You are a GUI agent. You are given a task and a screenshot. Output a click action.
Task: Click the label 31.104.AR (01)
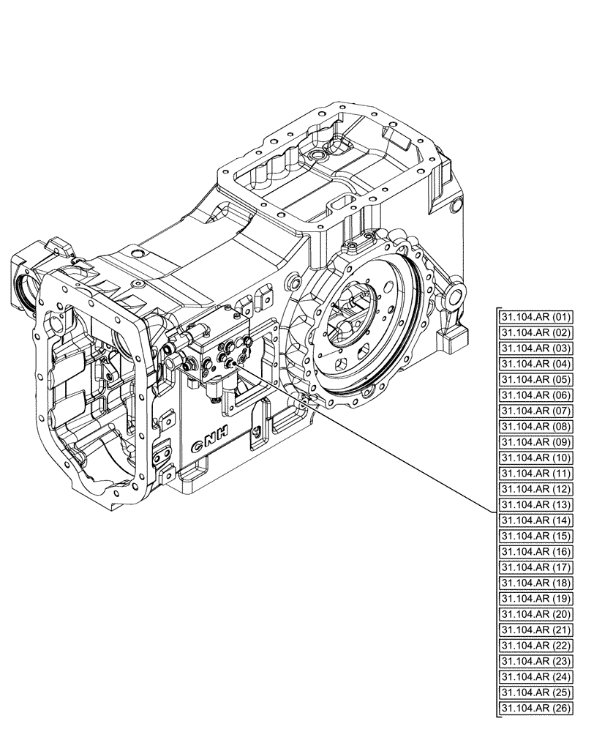tap(537, 318)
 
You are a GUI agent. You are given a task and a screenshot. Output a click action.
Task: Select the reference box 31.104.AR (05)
tap(537, 380)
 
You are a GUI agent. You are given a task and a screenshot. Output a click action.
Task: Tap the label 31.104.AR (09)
tap(537, 442)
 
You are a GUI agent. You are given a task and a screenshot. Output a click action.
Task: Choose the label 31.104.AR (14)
tap(537, 520)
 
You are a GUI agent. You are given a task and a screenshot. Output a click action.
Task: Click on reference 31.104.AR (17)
tap(537, 567)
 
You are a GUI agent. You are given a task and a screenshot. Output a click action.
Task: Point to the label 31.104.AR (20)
tap(537, 614)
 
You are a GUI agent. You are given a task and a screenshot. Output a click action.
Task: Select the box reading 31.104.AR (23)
tap(537, 661)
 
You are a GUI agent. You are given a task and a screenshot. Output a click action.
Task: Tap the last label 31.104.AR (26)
tap(537, 708)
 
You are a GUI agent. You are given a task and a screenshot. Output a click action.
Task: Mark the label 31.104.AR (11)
tap(537, 474)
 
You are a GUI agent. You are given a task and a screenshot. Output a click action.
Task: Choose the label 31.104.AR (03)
tap(537, 348)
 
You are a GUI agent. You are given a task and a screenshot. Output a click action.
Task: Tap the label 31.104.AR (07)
tap(537, 411)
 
